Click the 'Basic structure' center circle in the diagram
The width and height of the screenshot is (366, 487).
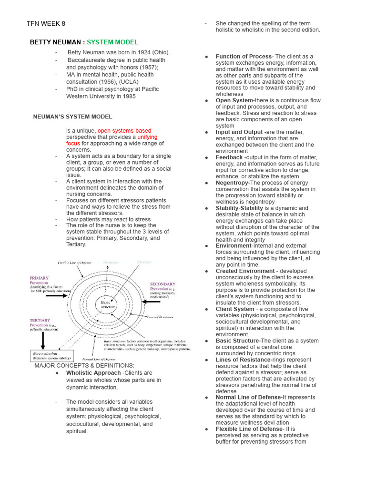[108, 304]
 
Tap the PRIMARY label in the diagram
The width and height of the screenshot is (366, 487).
[39, 278]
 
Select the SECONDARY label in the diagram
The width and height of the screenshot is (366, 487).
[163, 284]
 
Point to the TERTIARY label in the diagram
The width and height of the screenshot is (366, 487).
[40, 321]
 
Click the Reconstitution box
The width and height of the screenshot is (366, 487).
[52, 356]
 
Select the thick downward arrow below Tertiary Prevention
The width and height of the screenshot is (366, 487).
[43, 341]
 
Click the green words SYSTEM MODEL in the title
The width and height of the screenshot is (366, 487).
[112, 42]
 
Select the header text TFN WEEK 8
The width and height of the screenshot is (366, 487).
[46, 24]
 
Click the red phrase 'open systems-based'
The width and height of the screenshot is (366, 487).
[124, 131]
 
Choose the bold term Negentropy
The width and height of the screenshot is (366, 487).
[232, 183]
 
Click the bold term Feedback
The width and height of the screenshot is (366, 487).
[229, 157]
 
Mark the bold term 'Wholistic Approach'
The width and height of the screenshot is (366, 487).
[93, 373]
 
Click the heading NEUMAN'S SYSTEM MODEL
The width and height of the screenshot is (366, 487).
[72, 117]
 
